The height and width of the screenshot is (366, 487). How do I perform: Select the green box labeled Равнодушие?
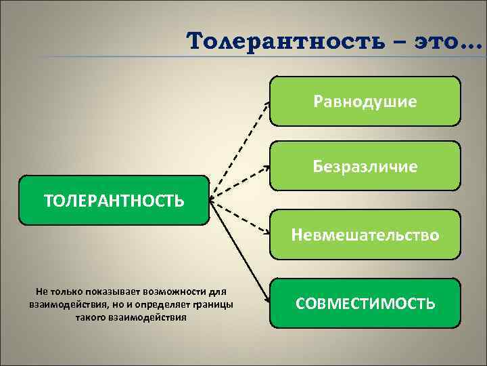[365, 101]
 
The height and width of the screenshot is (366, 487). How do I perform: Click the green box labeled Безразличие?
[365, 165]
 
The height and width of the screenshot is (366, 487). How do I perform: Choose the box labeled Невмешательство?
[365, 235]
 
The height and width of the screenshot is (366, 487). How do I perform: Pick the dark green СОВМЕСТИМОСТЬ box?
[365, 302]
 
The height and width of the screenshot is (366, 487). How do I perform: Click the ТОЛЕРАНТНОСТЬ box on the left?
[114, 200]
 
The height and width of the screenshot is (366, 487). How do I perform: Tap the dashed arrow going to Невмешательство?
[240, 217]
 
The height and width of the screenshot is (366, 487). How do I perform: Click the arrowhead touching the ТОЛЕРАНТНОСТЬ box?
[212, 200]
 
